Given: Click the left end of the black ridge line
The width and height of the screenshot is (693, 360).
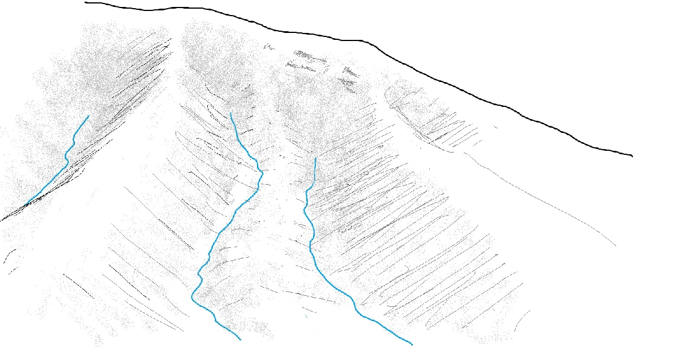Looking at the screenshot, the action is (x=85, y=3).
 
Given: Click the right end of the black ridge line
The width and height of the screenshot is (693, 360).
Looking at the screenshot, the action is (x=632, y=155).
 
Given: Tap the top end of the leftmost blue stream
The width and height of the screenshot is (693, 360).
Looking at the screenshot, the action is (x=88, y=116).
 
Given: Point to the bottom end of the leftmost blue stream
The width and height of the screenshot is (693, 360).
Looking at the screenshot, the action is (x=27, y=203).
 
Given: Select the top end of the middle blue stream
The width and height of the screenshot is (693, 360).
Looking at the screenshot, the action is (x=230, y=113).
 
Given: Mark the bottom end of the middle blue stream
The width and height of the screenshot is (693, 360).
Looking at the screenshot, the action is (x=240, y=340).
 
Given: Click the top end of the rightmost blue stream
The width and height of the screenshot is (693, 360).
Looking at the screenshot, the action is (x=315, y=158).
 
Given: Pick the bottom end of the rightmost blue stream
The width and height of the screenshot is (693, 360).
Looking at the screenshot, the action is (x=412, y=344).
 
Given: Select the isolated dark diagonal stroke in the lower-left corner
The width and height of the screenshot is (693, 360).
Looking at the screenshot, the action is (x=79, y=286).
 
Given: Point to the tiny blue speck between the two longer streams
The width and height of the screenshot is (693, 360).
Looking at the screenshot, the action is (x=306, y=316).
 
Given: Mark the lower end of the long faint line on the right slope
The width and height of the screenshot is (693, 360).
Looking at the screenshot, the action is (x=616, y=246).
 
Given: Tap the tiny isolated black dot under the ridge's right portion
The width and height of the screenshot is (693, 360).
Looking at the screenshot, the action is (x=495, y=127).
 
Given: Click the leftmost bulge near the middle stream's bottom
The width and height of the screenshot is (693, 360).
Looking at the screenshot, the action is (x=192, y=297).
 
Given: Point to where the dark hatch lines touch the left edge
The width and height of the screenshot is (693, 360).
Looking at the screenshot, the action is (x=2, y=220).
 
